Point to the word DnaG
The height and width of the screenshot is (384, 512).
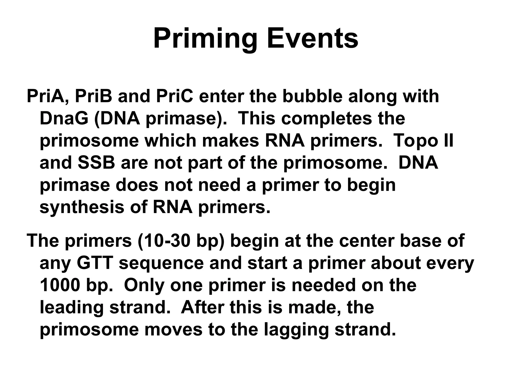tap(64, 118)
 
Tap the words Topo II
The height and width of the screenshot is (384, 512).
tap(423, 141)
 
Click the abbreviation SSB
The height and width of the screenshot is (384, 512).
tap(96, 163)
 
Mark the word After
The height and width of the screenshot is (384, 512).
tap(203, 307)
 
